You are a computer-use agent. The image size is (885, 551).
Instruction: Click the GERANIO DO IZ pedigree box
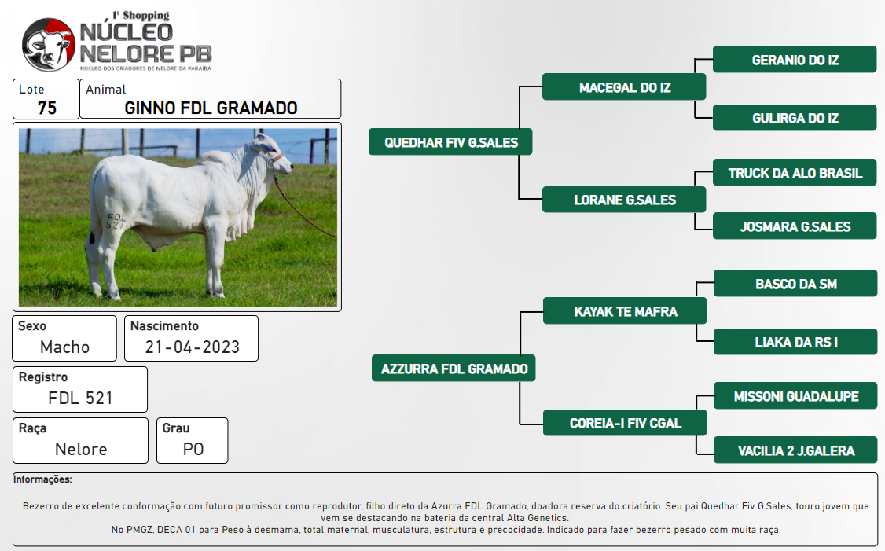click(x=795, y=59)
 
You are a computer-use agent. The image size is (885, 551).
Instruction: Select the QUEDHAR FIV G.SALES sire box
click(x=450, y=141)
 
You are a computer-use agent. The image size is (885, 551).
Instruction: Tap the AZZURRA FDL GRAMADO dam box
click(x=454, y=368)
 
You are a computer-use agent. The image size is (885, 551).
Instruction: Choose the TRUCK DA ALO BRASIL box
click(x=795, y=173)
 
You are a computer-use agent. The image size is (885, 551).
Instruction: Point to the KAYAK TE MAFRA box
click(x=625, y=311)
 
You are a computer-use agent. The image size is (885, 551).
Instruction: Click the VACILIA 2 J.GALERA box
click(x=796, y=450)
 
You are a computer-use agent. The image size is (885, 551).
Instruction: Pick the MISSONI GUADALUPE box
click(x=796, y=395)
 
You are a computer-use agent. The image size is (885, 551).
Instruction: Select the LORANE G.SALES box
click(x=624, y=200)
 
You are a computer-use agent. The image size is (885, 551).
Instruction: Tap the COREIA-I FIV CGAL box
click(x=625, y=422)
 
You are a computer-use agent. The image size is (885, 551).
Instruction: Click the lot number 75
click(x=47, y=108)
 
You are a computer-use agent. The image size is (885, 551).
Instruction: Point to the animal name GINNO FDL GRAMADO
click(x=211, y=108)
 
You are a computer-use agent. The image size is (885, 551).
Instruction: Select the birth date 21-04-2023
click(x=192, y=347)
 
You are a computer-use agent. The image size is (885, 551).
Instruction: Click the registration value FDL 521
click(x=80, y=398)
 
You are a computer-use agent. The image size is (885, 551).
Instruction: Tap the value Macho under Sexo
click(x=64, y=347)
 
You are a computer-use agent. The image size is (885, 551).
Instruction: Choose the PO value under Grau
click(x=193, y=449)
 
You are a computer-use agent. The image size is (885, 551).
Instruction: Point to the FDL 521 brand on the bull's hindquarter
click(x=115, y=221)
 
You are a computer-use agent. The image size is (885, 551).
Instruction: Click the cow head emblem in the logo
click(x=49, y=45)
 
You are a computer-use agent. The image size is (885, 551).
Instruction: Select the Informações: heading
click(x=43, y=479)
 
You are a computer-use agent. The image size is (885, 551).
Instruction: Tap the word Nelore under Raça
click(x=81, y=449)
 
